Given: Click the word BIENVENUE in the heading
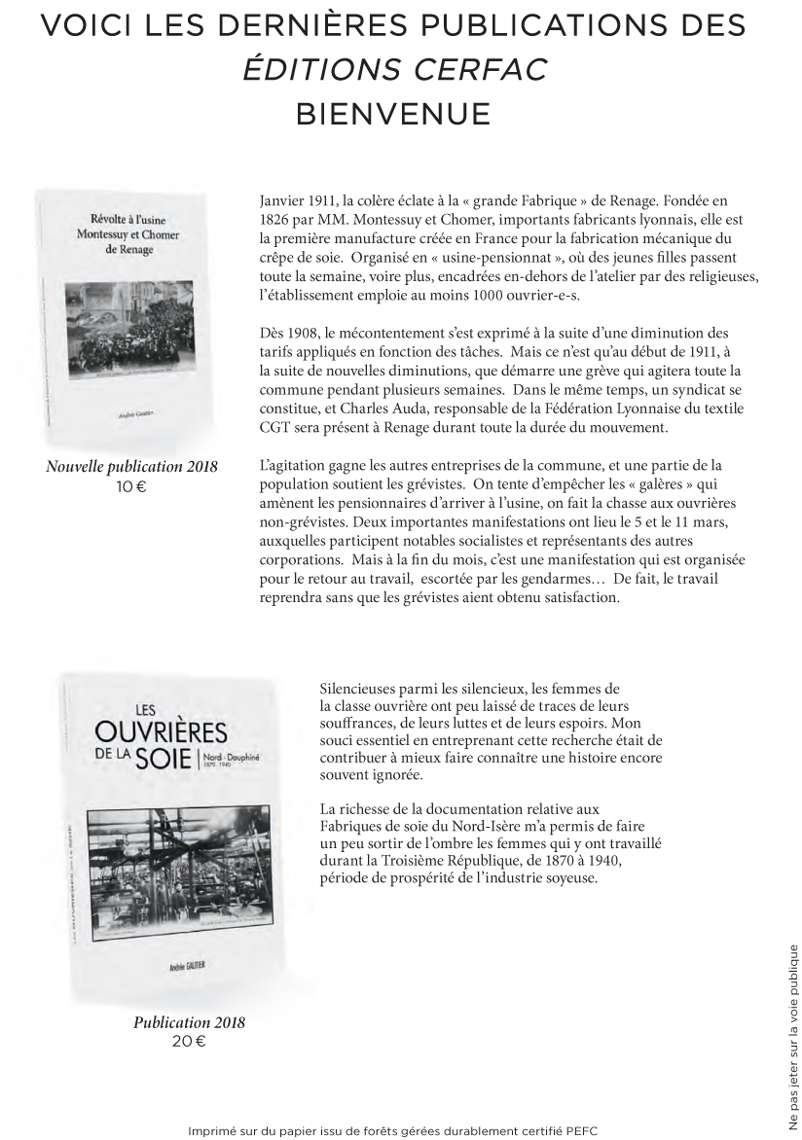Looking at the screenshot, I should (392, 114).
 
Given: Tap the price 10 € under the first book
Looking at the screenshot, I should (130, 485).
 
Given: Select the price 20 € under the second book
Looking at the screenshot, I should (189, 1042).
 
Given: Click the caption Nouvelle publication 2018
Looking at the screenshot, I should (132, 467).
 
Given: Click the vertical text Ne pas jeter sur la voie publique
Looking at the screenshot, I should (792, 1038).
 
